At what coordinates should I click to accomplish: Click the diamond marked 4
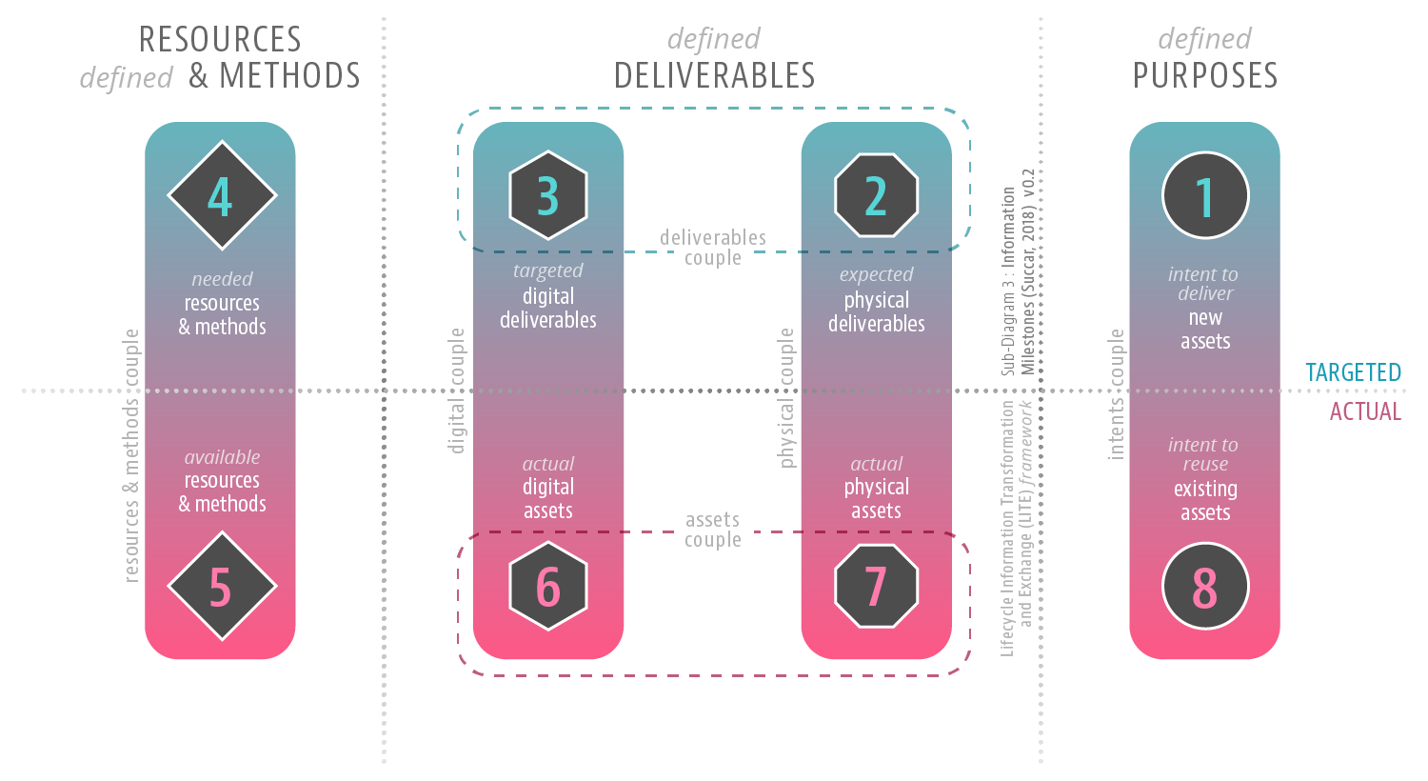point(221,195)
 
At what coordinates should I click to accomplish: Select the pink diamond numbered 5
point(221,586)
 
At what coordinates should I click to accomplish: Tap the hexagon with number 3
point(548,195)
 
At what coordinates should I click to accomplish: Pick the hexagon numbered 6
point(548,586)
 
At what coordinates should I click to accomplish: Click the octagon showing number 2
point(876,195)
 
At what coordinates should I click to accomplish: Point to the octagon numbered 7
point(876,586)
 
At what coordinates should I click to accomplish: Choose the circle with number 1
point(1204,195)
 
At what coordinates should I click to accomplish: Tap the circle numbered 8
point(1204,586)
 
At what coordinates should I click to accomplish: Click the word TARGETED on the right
point(1353,372)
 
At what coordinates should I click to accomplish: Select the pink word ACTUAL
point(1365,411)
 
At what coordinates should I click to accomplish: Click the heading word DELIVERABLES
point(714,75)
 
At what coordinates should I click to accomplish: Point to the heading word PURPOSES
point(1204,75)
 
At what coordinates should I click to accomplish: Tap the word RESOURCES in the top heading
point(220,39)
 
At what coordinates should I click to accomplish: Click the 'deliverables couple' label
point(713,248)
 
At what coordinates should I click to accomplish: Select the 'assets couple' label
point(713,530)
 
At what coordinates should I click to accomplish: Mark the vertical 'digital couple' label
point(457,390)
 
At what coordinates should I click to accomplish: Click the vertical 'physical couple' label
point(786,398)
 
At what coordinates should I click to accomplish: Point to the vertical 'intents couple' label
point(1116,394)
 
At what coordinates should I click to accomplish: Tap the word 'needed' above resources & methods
point(222,279)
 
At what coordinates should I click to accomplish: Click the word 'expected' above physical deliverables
point(876,274)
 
